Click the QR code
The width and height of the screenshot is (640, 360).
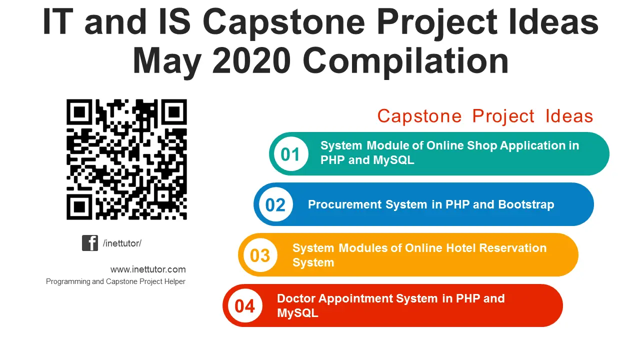point(126,159)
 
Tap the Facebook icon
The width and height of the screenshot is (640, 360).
point(90,243)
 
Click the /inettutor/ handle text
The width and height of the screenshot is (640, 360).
point(122,243)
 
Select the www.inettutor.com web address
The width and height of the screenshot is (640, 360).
point(148,269)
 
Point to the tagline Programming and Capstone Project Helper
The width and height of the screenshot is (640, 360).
point(115,281)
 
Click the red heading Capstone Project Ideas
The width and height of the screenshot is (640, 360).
point(484,116)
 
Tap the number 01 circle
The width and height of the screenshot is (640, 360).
point(290,154)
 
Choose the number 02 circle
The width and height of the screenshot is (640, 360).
point(275,205)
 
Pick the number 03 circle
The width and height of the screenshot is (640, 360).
point(259,255)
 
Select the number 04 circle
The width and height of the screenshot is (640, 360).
point(244,306)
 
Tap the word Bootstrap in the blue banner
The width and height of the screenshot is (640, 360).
point(526,204)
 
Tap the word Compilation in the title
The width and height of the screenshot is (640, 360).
point(405,61)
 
